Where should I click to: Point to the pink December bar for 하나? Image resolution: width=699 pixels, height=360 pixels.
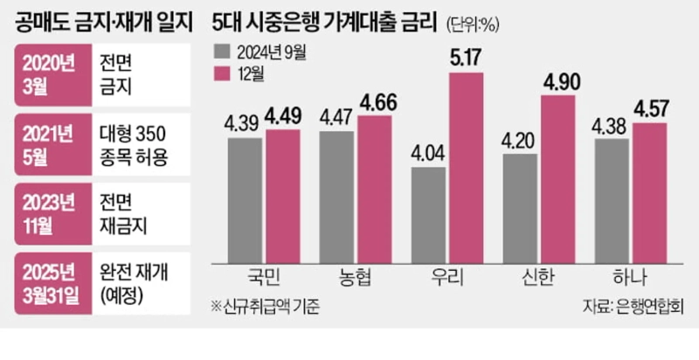[648, 191]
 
